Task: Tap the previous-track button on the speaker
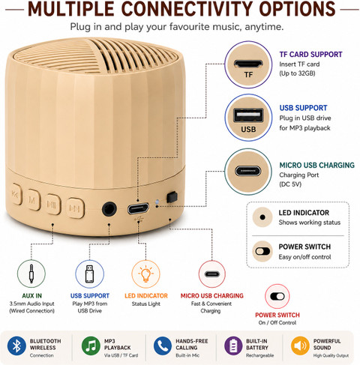[x=16, y=194]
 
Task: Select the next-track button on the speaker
[x=75, y=208]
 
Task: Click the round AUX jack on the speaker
[x=109, y=209]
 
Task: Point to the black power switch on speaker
[x=172, y=197]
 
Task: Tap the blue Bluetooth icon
[x=16, y=346]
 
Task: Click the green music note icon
[x=91, y=346]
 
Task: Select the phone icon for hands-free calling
[x=163, y=346]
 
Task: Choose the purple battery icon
[x=233, y=346]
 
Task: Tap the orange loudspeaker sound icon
[x=300, y=346]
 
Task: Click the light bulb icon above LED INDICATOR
[x=145, y=274]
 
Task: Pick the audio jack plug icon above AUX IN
[x=31, y=274]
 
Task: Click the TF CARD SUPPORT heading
[x=310, y=54]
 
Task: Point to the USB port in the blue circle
[x=248, y=115]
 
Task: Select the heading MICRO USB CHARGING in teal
[x=316, y=165]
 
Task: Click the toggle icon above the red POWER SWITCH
[x=277, y=296]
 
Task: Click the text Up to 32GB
[x=297, y=73]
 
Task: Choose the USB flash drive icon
[x=90, y=274]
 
